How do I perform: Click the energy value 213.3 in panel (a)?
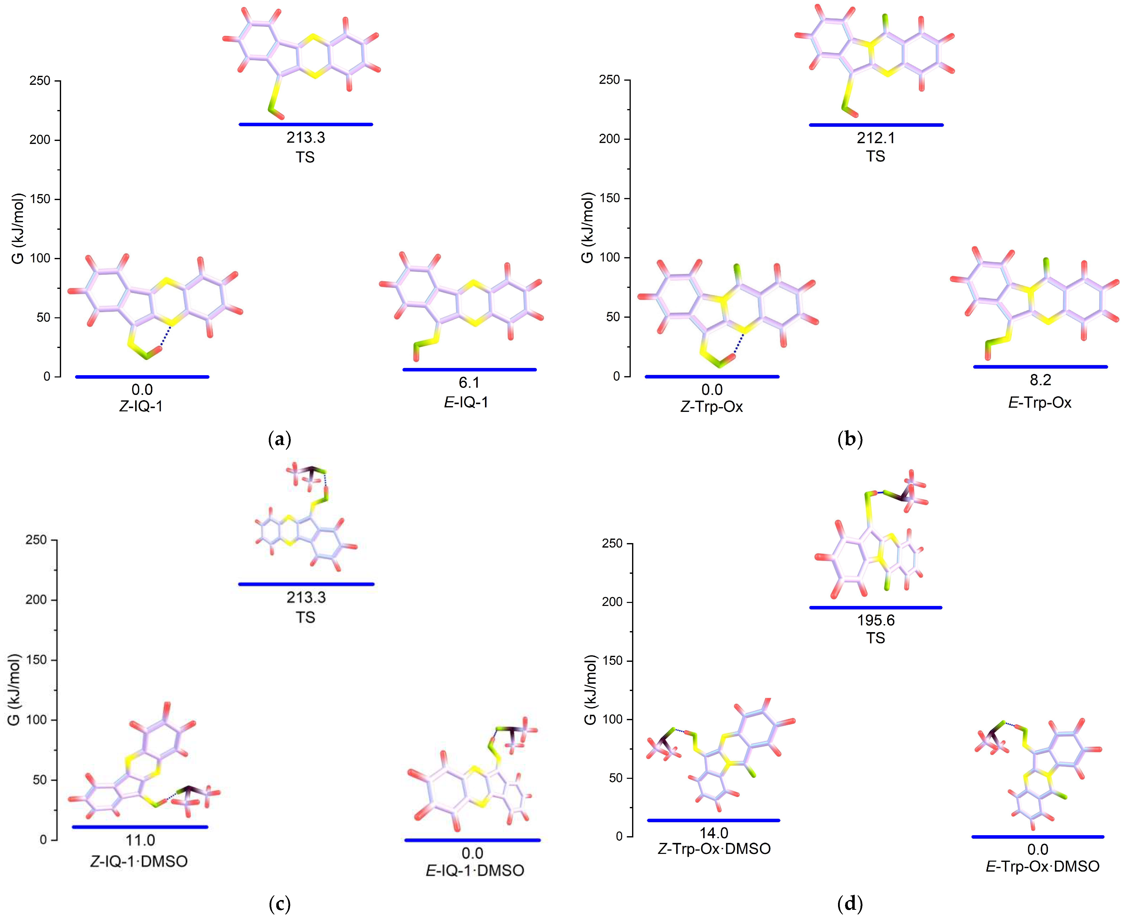(306, 138)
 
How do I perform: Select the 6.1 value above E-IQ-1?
(469, 383)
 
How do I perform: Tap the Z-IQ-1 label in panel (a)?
(141, 406)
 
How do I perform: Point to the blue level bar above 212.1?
(876, 125)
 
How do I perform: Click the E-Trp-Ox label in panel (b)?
(1040, 403)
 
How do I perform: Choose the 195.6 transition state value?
(876, 620)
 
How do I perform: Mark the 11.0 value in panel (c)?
(140, 840)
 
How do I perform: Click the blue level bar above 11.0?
(140, 827)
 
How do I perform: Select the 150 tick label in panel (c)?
(37, 660)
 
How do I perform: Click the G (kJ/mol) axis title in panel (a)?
(18, 229)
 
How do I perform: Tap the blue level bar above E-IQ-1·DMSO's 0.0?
(472, 840)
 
